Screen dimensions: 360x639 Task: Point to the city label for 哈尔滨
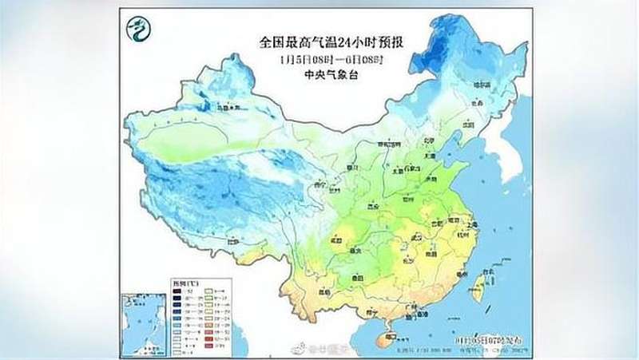(x=479, y=84)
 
